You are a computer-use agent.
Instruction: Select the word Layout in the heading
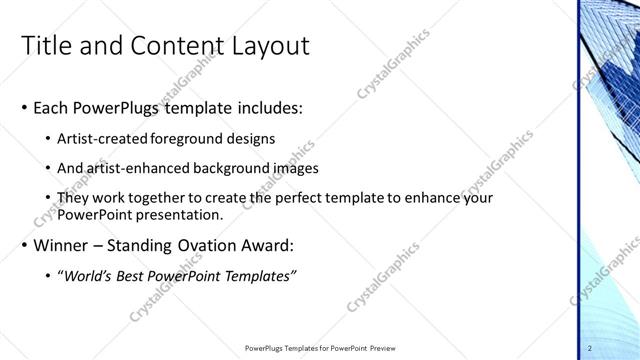[x=272, y=45]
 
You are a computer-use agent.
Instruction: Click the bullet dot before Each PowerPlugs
[x=24, y=108]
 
